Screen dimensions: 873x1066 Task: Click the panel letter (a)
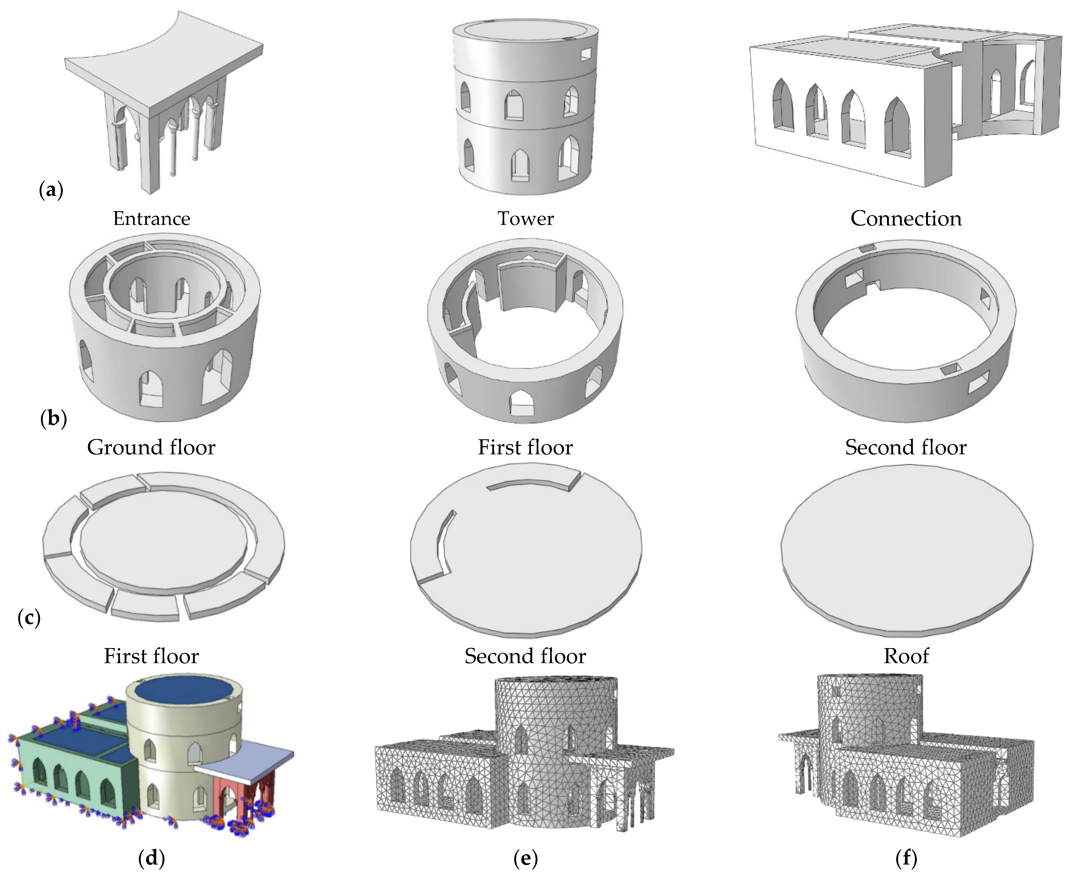(x=51, y=190)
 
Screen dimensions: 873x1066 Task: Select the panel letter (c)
(x=29, y=617)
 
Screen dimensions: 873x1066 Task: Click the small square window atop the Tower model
(x=586, y=54)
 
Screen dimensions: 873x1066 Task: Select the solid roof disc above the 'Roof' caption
(x=906, y=546)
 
